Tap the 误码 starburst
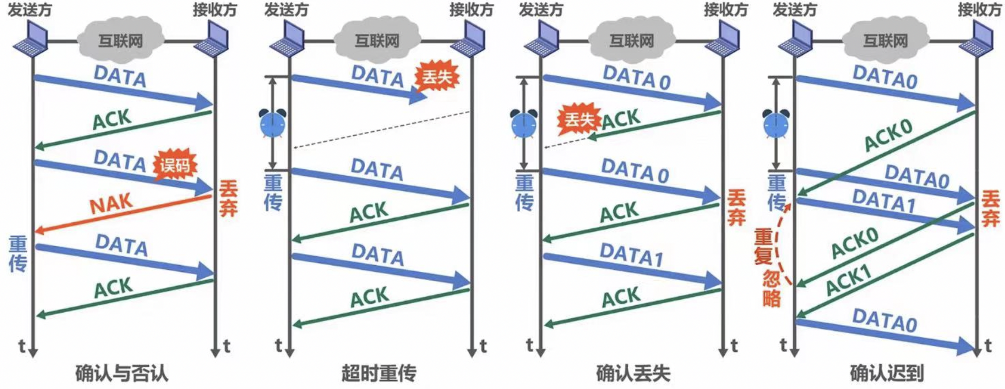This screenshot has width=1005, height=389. (x=175, y=165)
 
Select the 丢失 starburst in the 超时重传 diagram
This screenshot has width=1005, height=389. (x=436, y=77)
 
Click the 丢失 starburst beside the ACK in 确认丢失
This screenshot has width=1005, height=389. (x=579, y=120)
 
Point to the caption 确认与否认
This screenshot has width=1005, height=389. (x=122, y=373)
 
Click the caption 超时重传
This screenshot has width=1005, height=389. (x=379, y=373)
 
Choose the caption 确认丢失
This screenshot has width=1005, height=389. (x=633, y=373)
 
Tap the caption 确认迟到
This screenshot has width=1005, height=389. (x=887, y=373)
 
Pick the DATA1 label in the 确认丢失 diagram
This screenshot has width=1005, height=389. (x=632, y=255)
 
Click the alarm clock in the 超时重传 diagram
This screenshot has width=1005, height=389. (x=272, y=124)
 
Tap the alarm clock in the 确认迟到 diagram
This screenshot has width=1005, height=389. (x=776, y=124)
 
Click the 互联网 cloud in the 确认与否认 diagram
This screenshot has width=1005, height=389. (x=121, y=40)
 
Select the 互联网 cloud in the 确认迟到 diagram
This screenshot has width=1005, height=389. (x=885, y=40)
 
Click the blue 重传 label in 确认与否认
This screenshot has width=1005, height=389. (x=18, y=254)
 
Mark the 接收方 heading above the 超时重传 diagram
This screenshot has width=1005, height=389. (x=471, y=10)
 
